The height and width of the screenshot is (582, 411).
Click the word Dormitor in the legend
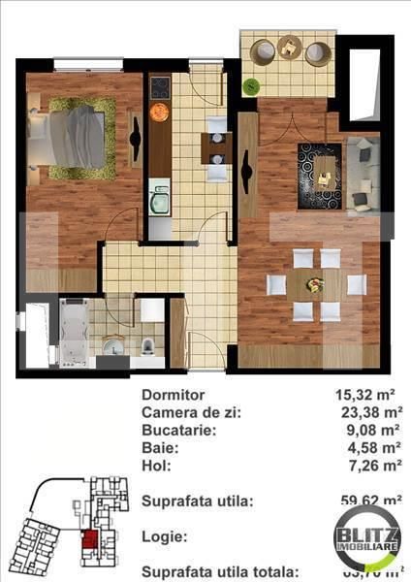tap(174, 395)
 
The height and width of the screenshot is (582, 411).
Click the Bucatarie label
tap(180, 430)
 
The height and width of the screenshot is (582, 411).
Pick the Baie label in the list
tap(159, 448)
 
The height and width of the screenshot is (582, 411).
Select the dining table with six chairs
tap(316, 285)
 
